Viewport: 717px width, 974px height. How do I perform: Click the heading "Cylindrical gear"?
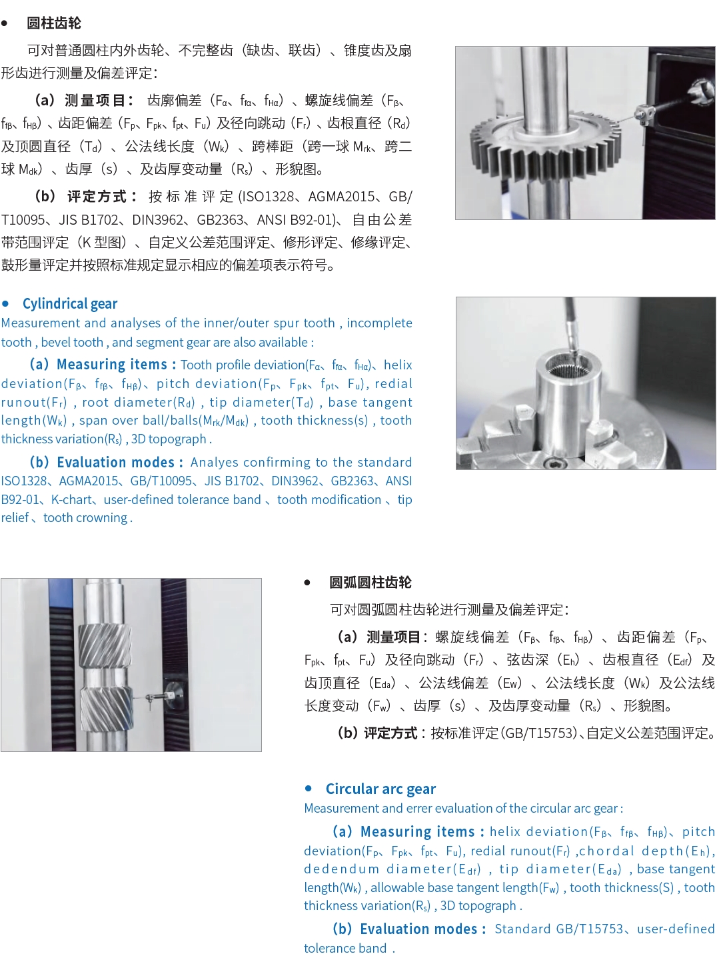coord(70,303)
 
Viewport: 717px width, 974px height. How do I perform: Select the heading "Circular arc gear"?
coord(380,789)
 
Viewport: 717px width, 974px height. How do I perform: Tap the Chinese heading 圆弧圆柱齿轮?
coord(370,583)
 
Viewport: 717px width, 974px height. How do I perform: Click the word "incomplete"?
coord(379,323)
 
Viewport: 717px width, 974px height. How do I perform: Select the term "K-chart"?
coord(72,499)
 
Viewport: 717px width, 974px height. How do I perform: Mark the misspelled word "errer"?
coord(419,808)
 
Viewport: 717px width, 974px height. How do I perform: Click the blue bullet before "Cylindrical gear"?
coord(5,303)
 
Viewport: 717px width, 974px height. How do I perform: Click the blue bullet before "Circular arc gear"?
coord(309,788)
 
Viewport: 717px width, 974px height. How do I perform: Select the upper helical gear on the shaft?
coord(105,645)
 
